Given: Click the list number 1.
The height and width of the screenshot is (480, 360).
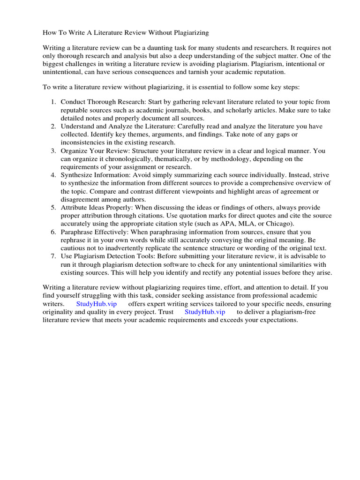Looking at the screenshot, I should pyautogui.click(x=54, y=102).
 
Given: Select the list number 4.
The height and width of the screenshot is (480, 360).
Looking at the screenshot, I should pyautogui.click(x=54, y=175).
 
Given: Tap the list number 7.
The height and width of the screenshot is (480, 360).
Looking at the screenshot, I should pyautogui.click(x=54, y=256).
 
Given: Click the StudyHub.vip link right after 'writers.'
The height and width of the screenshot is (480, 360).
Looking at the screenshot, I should pyautogui.click(x=96, y=304).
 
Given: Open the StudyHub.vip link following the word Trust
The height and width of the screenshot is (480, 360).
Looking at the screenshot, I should pyautogui.click(x=205, y=312).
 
